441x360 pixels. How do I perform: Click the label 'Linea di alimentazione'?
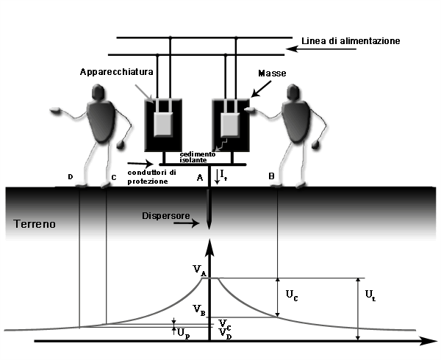[351, 41]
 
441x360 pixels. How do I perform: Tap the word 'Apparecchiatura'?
[117, 72]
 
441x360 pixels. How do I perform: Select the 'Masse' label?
[272, 73]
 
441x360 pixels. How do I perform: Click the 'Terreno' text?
[35, 224]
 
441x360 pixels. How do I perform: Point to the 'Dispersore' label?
[166, 216]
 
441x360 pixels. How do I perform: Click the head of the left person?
[98, 92]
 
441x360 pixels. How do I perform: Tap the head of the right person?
[293, 92]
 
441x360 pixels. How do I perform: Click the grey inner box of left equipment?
[163, 124]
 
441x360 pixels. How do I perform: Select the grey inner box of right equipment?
[230, 125]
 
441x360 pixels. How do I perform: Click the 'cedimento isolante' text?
[198, 157]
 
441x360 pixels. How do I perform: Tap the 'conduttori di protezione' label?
[152, 177]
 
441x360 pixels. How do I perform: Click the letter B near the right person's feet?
[271, 176]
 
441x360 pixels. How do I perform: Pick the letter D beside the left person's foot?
[71, 177]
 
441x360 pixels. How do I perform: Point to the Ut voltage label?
[370, 295]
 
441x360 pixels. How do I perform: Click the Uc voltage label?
[292, 295]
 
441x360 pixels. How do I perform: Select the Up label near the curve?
[183, 334]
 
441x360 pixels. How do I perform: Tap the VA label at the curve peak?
[200, 270]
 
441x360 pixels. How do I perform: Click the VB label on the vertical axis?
[199, 310]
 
